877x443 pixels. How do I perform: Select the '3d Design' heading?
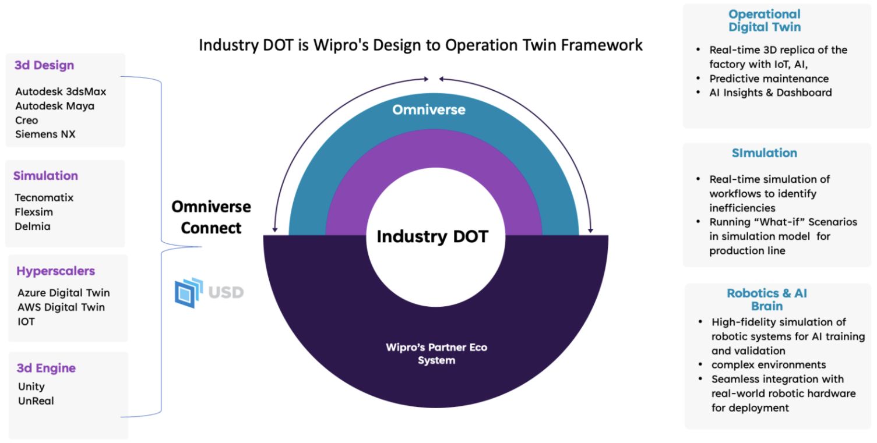click(44, 65)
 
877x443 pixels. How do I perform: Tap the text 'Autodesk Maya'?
click(55, 106)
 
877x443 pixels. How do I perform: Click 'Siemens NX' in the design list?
click(45, 134)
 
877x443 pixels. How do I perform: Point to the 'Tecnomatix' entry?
click(44, 198)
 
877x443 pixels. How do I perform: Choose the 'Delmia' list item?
click(33, 226)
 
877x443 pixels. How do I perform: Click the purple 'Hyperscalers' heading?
click(55, 271)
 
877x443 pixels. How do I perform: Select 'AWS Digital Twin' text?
click(61, 307)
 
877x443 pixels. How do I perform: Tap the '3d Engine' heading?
click(46, 368)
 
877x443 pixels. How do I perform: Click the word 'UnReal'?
click(36, 401)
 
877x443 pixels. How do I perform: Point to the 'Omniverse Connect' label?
click(211, 217)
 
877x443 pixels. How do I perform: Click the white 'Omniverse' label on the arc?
click(429, 109)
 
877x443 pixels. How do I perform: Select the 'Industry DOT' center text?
click(432, 236)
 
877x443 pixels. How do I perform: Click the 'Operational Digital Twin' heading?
click(765, 20)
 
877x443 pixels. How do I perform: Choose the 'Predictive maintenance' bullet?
click(769, 79)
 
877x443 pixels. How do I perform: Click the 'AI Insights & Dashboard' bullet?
click(770, 93)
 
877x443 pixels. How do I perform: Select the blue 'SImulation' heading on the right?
click(765, 153)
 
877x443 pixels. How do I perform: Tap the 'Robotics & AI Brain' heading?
click(767, 299)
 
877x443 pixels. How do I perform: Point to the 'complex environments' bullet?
click(769, 365)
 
